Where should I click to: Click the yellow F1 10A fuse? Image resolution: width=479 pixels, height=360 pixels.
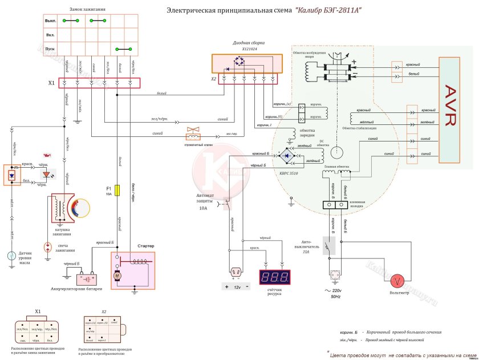click(117, 190)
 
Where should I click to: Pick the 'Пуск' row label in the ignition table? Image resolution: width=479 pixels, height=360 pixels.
click(50, 50)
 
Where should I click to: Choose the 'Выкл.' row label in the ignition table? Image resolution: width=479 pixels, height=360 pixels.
click(50, 21)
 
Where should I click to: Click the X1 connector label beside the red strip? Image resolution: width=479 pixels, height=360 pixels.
click(51, 83)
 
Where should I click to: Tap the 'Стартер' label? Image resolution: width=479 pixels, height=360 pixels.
click(147, 246)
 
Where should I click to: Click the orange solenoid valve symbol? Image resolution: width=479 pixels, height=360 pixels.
click(195, 134)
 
